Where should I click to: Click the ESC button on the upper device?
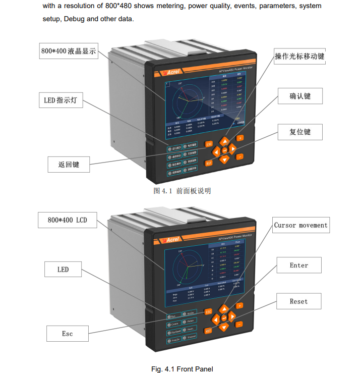tap(209, 144)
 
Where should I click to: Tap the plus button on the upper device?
tap(240, 138)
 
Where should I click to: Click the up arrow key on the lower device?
tap(224, 308)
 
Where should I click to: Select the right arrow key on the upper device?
tap(233, 149)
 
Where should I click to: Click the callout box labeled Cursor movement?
tap(301, 225)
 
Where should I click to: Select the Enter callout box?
tap(298, 265)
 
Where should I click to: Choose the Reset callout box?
tap(298, 301)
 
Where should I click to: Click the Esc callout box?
tap(68, 334)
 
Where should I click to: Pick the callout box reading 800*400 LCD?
tap(67, 221)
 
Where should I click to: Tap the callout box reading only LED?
tap(63, 270)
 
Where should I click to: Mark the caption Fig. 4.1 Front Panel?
tap(182, 369)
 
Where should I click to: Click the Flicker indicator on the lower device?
tap(190, 321)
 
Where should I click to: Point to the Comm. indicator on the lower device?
tap(173, 324)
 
